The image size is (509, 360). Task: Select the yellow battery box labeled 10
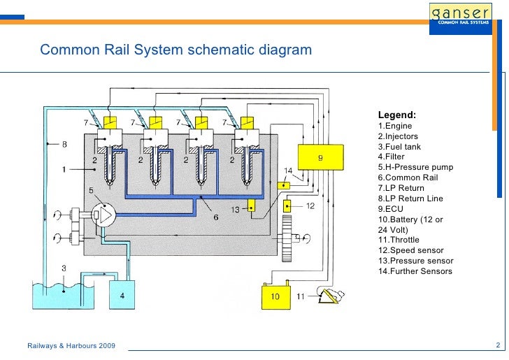pos(276,296)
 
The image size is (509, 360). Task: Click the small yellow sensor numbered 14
pos(283,186)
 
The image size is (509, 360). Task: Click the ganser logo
pos(464,14)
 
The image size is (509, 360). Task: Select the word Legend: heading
pos(397,115)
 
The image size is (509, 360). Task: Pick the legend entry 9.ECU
pos(391,209)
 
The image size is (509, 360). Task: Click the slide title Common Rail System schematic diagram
pos(175,51)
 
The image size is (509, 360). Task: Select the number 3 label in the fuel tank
pos(64,268)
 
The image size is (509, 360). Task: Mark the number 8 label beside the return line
pos(64,145)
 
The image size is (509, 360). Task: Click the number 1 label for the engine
pos(64,170)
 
